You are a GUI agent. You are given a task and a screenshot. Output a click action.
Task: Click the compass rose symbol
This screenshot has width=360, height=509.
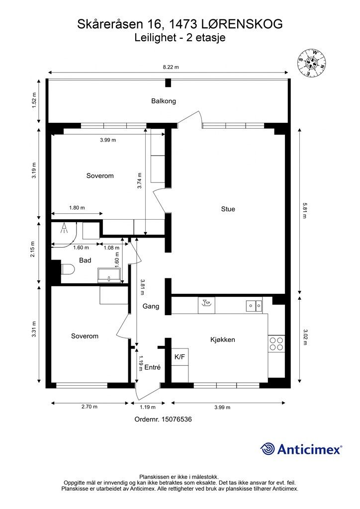[x=312, y=63]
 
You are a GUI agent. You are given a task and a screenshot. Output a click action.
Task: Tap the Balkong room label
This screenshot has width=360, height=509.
[x=164, y=101]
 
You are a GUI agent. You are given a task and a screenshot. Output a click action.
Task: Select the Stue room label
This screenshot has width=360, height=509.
[x=228, y=209]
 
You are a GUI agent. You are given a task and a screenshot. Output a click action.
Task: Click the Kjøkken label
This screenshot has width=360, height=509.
[x=223, y=339]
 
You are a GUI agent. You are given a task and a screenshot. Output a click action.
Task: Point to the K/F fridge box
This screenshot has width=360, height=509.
[x=180, y=357]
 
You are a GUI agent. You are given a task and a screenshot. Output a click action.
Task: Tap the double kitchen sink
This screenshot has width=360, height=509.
[x=254, y=305]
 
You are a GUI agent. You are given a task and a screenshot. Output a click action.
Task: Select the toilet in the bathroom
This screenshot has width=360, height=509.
[x=68, y=269]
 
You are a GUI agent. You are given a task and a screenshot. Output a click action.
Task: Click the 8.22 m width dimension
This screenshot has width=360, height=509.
[x=171, y=67]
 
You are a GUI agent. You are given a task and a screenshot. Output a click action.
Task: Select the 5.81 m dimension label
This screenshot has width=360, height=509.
[x=304, y=210]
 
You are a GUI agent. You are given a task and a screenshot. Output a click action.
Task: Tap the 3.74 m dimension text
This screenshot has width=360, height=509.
[x=140, y=180]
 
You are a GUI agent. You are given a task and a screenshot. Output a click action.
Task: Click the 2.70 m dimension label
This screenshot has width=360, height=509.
[x=90, y=407]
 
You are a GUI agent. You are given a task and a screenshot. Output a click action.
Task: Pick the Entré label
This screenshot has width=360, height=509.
[x=152, y=367]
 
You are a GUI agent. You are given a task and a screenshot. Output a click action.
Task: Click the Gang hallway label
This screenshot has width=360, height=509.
[x=151, y=306]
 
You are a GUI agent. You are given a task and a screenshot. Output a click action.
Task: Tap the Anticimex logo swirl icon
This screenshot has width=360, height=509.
[x=268, y=449]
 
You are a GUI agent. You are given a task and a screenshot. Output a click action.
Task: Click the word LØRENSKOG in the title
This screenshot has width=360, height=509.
[x=242, y=24]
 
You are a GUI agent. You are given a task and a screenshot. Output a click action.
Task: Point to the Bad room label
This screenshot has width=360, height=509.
[x=85, y=260]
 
